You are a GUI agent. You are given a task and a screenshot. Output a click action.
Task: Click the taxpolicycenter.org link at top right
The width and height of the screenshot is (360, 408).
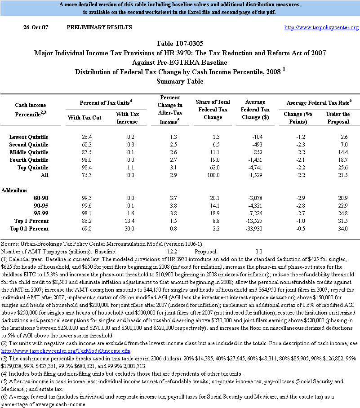[x=321, y=28]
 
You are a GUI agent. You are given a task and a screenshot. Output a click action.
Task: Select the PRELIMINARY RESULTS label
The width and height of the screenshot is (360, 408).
[x=99, y=27]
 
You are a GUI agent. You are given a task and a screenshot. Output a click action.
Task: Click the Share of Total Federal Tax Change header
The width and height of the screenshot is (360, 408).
[x=213, y=110]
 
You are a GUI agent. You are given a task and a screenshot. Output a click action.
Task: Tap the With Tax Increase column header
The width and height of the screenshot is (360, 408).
[x=128, y=118]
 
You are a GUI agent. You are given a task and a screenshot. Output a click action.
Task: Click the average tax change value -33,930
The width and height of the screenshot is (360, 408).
[x=260, y=229]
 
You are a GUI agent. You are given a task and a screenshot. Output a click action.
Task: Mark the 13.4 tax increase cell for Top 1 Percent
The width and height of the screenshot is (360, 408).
[x=128, y=221]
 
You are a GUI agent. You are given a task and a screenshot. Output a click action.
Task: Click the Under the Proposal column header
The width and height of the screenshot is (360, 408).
[x=338, y=118]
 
